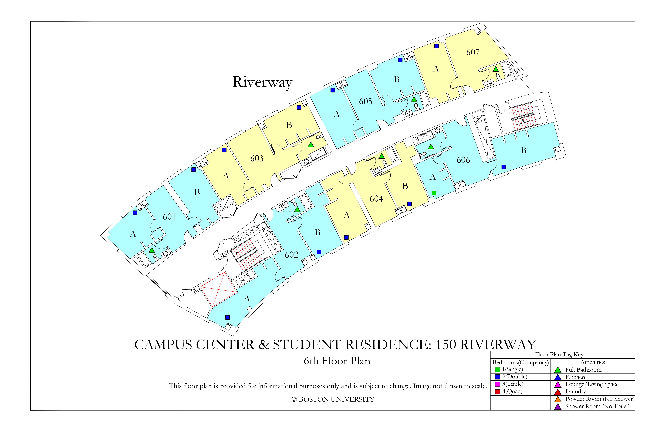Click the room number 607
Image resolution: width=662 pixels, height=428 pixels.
(x=473, y=52)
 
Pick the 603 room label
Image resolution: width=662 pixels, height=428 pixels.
(x=257, y=158)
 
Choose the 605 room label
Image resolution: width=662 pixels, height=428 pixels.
(x=366, y=101)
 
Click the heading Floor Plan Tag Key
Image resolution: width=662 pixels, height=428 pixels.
(x=559, y=355)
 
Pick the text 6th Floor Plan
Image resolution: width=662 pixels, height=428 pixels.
(x=337, y=361)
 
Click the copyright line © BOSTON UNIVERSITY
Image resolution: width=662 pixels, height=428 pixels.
(x=333, y=399)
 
